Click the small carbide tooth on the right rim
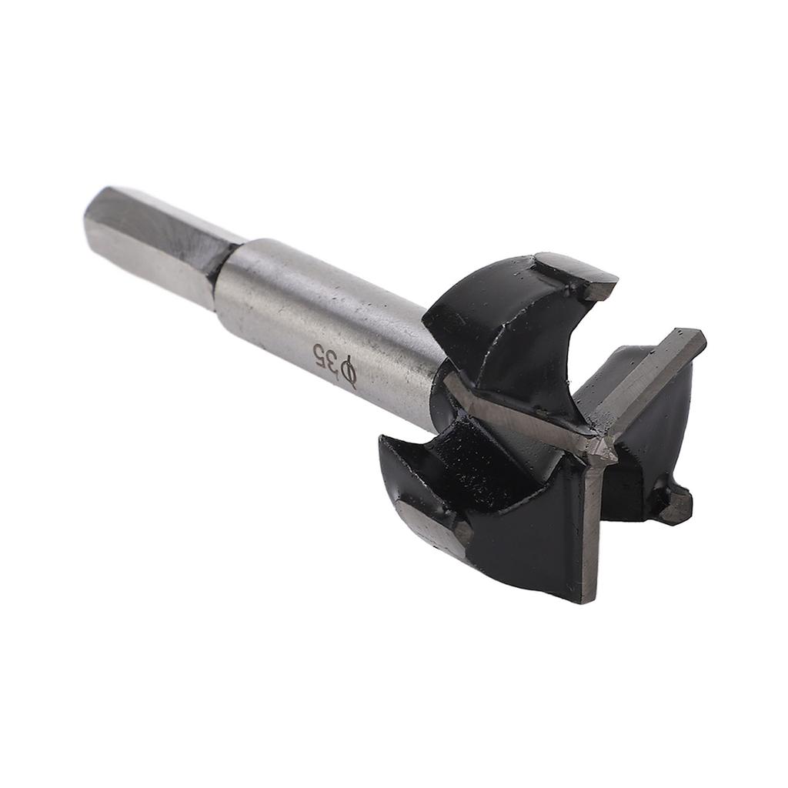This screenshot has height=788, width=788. [674, 504]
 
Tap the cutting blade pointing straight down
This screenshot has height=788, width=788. [591, 523]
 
